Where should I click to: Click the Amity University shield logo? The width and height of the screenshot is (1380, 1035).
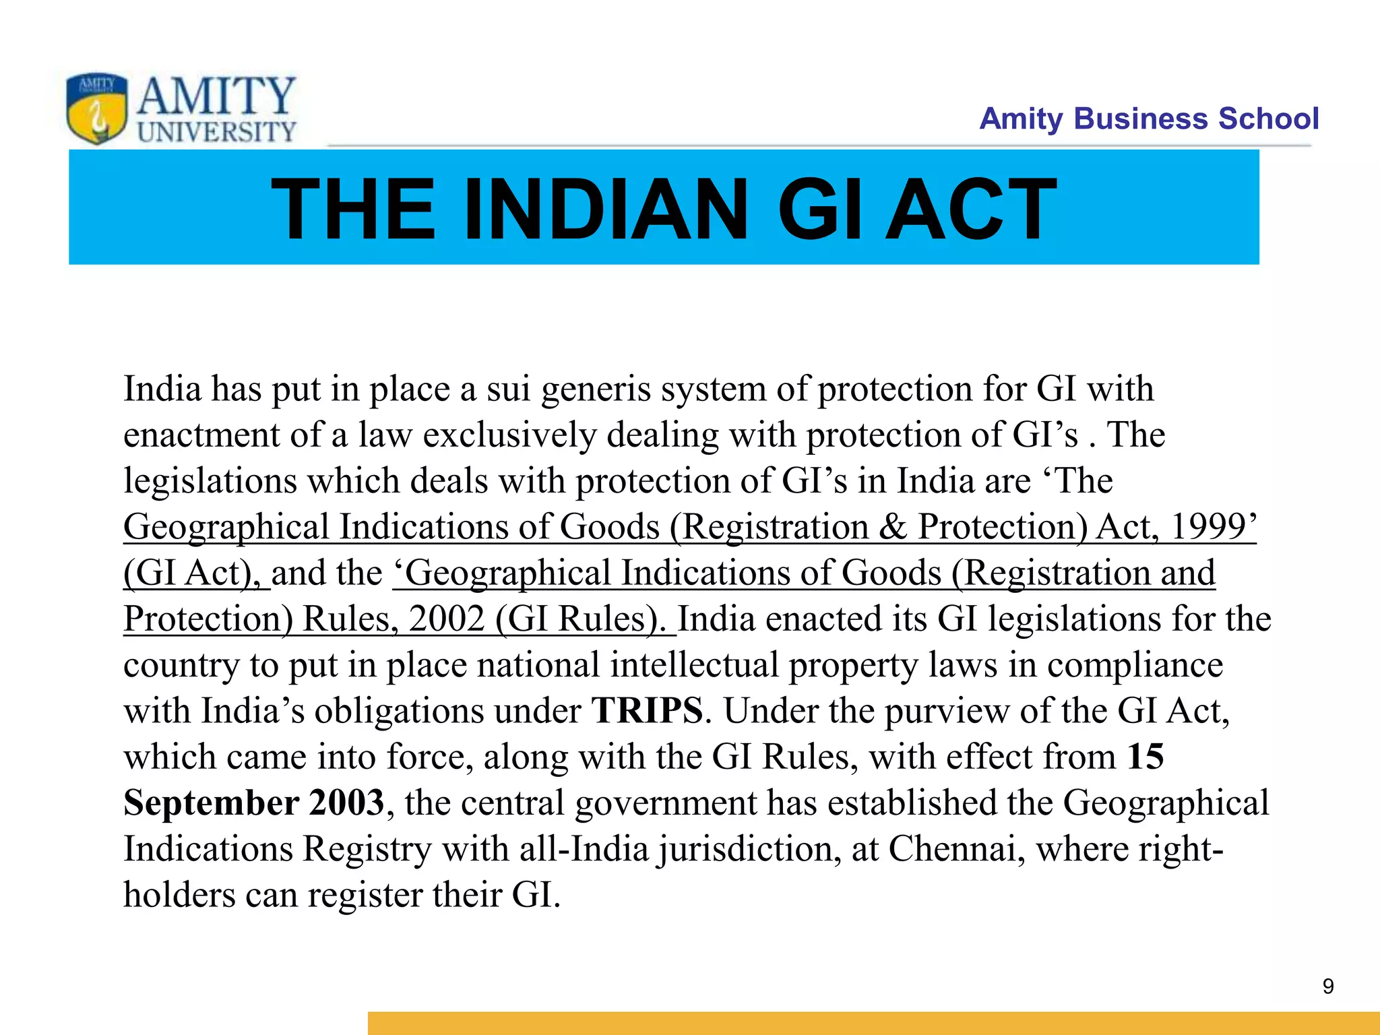click(96, 108)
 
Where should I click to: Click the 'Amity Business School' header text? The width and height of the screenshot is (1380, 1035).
click(1148, 119)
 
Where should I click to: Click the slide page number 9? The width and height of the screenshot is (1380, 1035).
click(1327, 986)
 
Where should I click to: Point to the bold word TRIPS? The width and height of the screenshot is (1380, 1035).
click(647, 711)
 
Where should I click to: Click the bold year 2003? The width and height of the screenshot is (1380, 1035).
click(346, 803)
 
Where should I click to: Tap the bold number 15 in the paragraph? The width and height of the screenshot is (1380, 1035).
click(1146, 757)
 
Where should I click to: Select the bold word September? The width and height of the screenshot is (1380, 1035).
click(211, 803)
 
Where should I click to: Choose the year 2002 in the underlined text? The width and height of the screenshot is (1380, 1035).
click(447, 619)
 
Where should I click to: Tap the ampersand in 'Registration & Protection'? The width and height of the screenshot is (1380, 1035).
click(893, 527)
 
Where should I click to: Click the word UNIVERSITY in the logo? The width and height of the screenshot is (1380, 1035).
click(216, 131)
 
